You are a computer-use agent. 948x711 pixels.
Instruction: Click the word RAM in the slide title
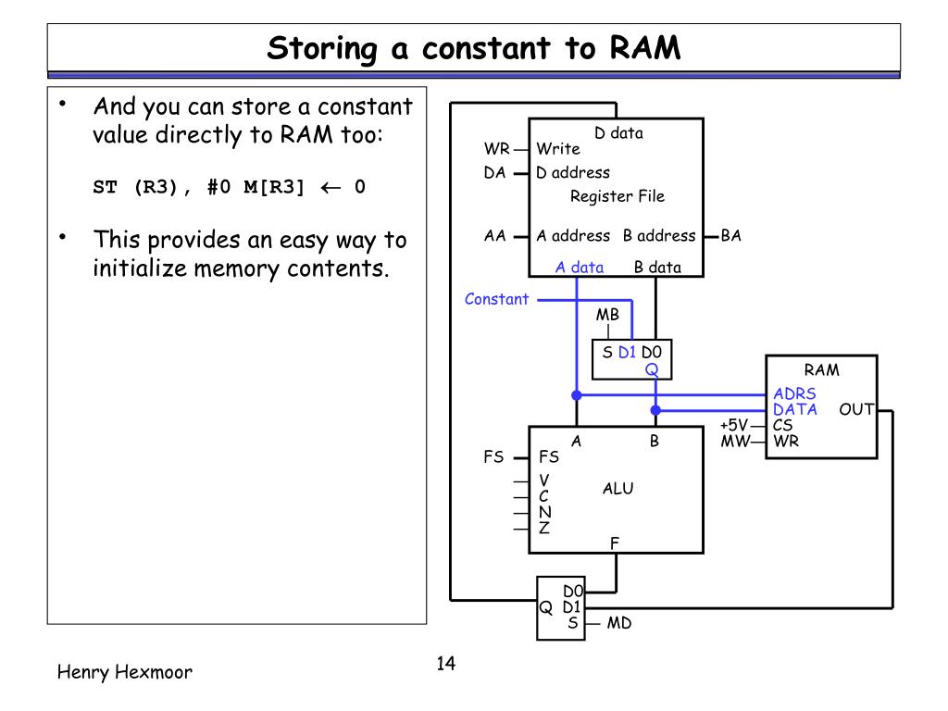[645, 48]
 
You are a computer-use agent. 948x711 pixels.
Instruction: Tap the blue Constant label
[496, 299]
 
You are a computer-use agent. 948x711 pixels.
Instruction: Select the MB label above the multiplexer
[607, 315]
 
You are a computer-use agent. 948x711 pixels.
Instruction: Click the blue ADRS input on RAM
[794, 393]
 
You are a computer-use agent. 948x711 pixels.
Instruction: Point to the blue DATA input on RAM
[795, 409]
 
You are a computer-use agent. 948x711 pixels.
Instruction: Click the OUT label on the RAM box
[856, 409]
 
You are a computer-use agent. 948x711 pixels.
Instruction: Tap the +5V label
[734, 425]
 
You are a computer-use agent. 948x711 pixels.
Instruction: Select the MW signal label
[735, 441]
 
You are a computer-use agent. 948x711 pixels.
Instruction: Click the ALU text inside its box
[617, 489]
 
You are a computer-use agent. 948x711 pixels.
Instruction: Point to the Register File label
[617, 196]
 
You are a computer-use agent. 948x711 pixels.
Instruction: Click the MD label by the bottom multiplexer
[619, 623]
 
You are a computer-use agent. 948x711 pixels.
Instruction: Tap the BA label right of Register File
[731, 236]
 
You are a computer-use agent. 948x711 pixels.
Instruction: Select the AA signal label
[494, 236]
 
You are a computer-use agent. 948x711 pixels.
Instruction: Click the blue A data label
[580, 268]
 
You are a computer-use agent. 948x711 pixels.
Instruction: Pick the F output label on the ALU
[615, 543]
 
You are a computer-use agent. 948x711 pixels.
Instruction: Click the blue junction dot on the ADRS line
[577, 395]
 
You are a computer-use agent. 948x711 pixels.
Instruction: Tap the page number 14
[445, 663]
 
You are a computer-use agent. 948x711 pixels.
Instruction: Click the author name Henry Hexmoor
[125, 672]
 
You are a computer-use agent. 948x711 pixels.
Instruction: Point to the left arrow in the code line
[331, 188]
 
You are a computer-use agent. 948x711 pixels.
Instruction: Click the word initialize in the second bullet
[139, 268]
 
